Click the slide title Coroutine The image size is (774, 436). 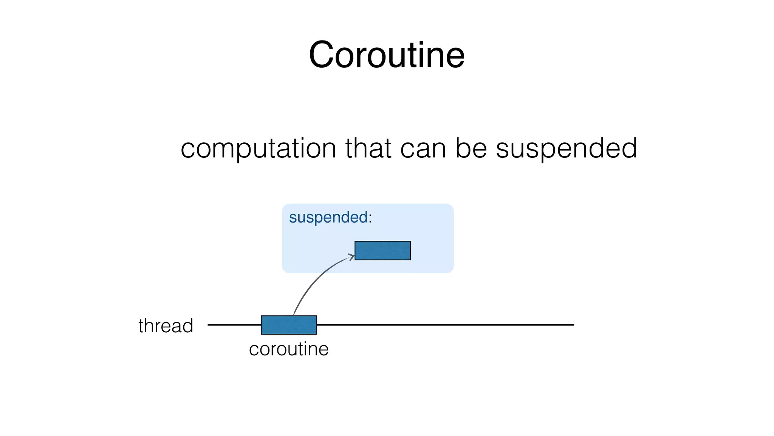tap(387, 55)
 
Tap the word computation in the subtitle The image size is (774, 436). tap(258, 148)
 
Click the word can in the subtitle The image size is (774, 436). tap(423, 148)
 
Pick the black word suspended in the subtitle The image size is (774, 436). tap(566, 149)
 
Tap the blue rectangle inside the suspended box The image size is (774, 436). tap(382, 251)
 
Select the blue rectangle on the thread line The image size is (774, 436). tap(289, 325)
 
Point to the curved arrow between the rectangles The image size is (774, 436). tap(314, 280)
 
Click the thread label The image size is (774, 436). tap(166, 326)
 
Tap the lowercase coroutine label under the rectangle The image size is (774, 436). tap(289, 349)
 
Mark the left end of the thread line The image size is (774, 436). tap(209, 325)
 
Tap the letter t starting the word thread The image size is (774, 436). tap(141, 326)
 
